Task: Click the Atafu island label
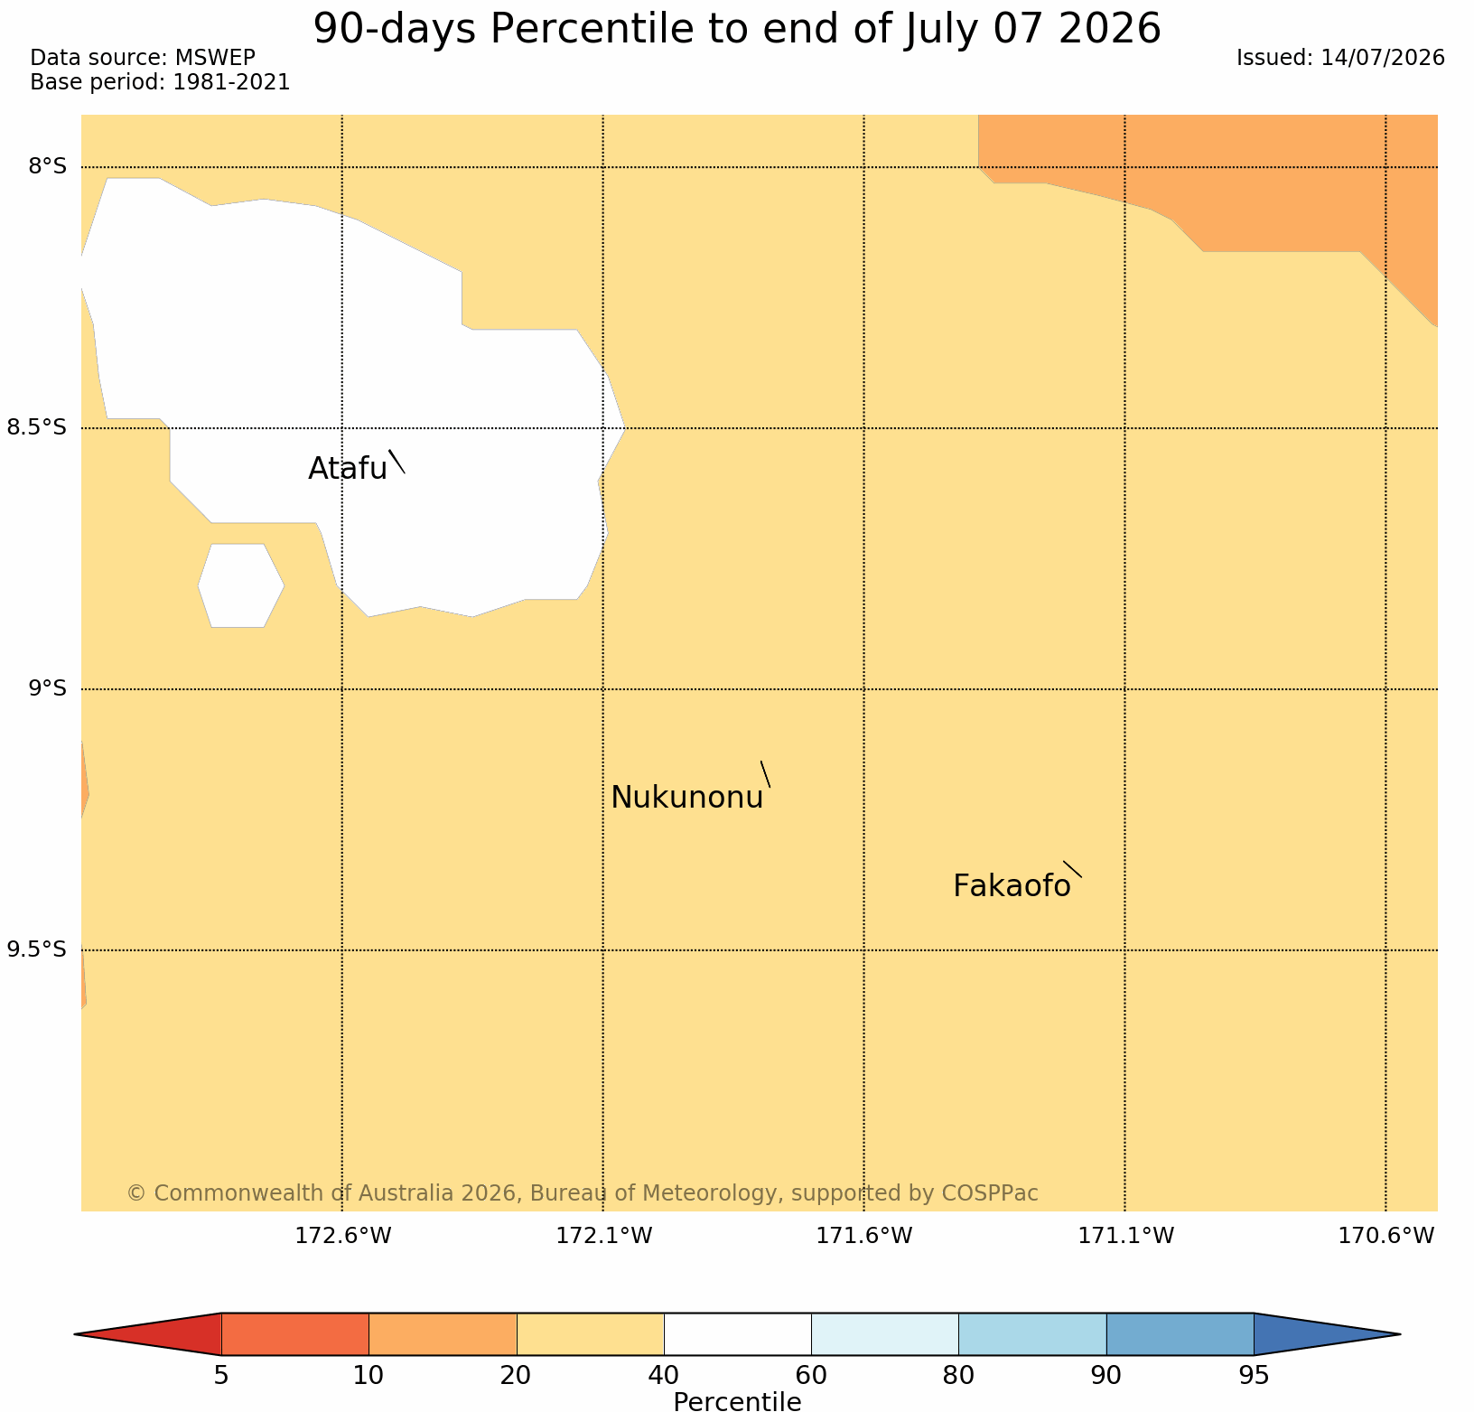coord(348,468)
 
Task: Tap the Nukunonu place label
coord(687,798)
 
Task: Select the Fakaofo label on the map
coord(1012,886)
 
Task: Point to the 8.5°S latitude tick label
coord(37,427)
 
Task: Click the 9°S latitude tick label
coord(47,688)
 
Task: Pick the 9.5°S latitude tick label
coord(37,949)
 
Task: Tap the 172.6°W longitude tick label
coord(343,1236)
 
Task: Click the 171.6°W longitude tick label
coord(864,1236)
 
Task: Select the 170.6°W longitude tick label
coord(1385,1236)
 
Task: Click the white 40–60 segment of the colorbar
coord(737,1334)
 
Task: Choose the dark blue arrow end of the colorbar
coord(1327,1334)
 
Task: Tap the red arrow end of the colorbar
coord(148,1334)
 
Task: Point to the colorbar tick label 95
coord(1254,1376)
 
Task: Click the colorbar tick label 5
coord(221,1376)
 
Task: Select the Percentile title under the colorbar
coord(737,1401)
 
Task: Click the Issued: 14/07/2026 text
coord(1340,58)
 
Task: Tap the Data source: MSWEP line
coord(143,58)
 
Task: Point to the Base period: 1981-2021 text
coord(160,82)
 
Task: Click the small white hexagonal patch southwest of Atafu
coord(241,585)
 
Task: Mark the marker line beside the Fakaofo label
coord(1072,869)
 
